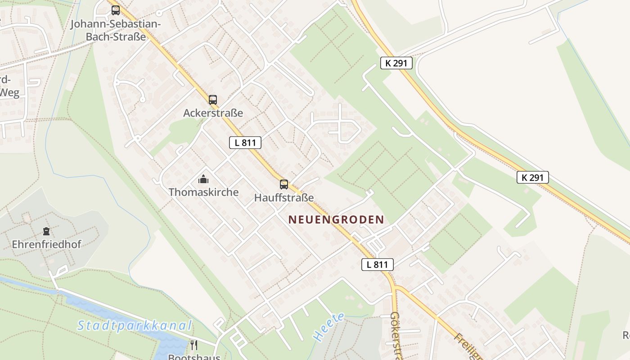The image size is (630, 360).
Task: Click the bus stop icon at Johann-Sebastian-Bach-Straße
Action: tap(116, 10)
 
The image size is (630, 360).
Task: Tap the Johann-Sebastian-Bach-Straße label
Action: tap(116, 30)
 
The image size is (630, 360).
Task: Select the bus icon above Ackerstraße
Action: tap(213, 100)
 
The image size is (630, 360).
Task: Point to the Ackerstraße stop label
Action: tap(213, 113)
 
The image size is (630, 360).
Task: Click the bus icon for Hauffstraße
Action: tap(284, 184)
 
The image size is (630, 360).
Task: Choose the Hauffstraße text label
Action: tap(284, 198)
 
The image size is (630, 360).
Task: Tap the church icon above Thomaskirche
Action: tap(203, 180)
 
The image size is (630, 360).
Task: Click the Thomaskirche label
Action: tap(203, 192)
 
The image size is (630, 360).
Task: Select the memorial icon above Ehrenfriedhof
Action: tap(46, 232)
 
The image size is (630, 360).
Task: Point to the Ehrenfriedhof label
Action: tap(46, 245)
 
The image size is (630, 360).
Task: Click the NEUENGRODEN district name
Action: tap(336, 220)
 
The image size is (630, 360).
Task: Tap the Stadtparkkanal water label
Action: tap(135, 325)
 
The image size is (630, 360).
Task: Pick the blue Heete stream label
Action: tap(329, 326)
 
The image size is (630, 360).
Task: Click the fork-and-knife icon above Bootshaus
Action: tap(194, 345)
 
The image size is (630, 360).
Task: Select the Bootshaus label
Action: tap(194, 357)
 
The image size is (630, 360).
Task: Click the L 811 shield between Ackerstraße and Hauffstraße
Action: tap(245, 143)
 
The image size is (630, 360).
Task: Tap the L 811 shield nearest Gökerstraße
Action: tap(377, 265)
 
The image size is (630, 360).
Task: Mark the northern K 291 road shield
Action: tap(396, 63)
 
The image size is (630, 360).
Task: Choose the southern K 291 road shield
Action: tap(532, 177)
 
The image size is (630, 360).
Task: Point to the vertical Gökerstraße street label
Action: tap(396, 335)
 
